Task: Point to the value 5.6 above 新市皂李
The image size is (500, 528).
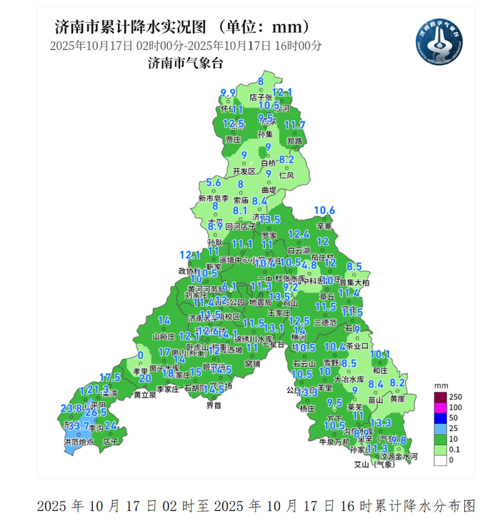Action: [x=213, y=183]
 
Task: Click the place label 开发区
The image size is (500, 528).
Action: [x=244, y=172]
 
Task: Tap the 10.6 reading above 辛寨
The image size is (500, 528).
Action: [x=325, y=210]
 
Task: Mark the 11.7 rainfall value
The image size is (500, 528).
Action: [x=295, y=125]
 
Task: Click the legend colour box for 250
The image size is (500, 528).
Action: [x=441, y=396]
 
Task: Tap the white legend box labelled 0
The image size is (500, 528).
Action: [x=441, y=461]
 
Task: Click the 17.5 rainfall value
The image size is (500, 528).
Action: [x=110, y=377]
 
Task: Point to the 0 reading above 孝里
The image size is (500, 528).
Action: [x=140, y=355]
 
